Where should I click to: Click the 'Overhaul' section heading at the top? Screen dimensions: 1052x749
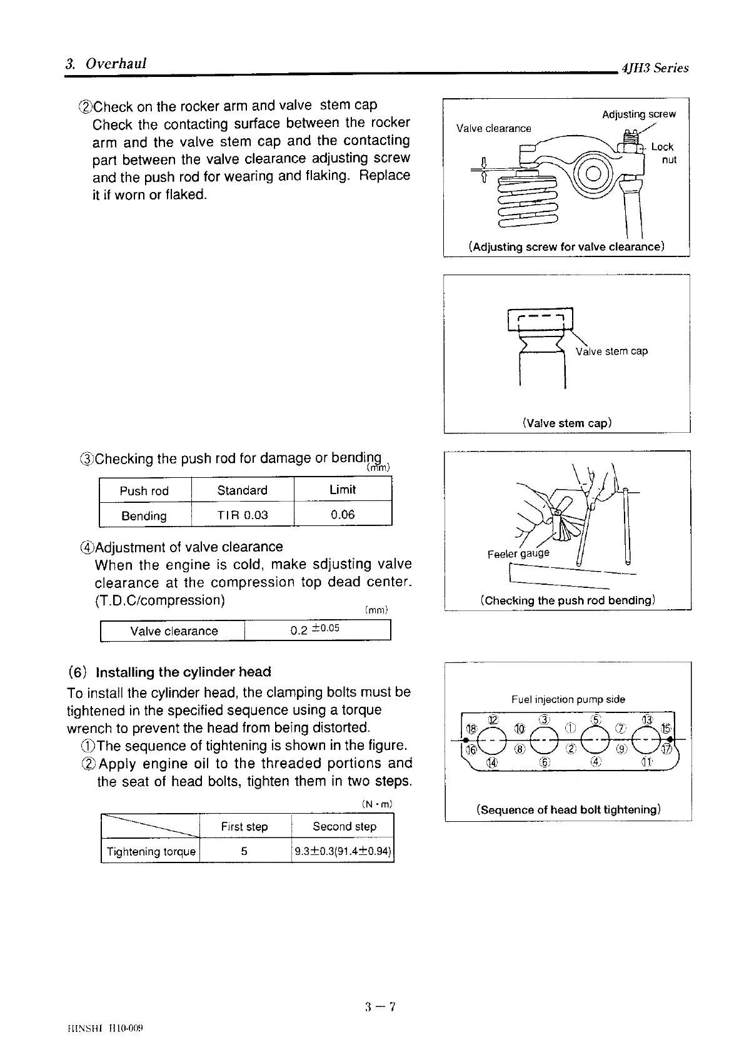coord(116,64)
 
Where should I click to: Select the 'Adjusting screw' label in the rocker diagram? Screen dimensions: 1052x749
coord(638,114)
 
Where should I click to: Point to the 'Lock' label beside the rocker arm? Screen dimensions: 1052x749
coord(662,147)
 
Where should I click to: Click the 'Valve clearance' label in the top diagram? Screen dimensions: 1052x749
coord(493,129)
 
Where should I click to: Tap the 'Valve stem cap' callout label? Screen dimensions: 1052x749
coord(611,352)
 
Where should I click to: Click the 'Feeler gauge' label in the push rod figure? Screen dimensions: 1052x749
coord(518,554)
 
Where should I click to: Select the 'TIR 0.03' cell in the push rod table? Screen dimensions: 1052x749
coord(242,515)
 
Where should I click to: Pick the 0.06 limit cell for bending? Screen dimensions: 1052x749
coord(343,515)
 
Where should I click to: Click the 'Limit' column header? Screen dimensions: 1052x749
coord(343,490)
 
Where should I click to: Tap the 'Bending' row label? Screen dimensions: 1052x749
coord(144,516)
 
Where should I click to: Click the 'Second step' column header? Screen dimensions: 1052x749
coord(344,826)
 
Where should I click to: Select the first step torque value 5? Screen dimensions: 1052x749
coord(244,851)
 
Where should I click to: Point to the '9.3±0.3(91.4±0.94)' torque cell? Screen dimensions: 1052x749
coord(343,851)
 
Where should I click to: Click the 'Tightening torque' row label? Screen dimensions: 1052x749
coord(151,852)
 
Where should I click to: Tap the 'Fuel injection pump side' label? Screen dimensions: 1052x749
coord(568,699)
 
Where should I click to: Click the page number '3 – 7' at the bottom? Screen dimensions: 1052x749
coord(381,1006)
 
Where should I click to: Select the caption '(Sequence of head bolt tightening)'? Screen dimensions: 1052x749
coord(568,810)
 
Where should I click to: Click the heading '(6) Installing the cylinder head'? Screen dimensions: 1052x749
coord(169,672)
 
